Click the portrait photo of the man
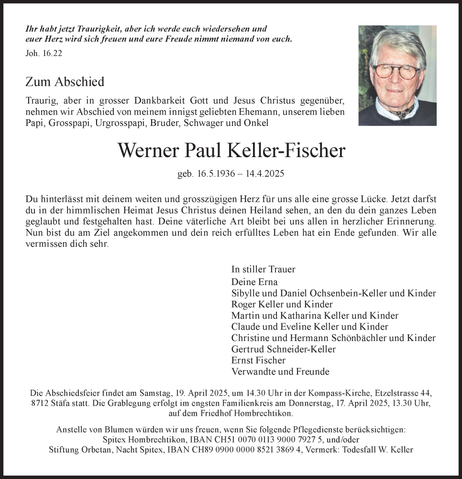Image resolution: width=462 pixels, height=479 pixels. coord(397,75)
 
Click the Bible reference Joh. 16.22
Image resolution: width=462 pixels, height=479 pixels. coord(44,54)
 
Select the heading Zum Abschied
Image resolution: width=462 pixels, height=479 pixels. coord(65,82)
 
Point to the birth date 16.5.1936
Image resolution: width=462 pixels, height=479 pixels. coord(216,174)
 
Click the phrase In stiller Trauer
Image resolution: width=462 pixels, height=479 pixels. coord(263,269)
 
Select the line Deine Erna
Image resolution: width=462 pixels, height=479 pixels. coord(254,282)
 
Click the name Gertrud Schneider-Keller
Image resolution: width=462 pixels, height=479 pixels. coord(283,349)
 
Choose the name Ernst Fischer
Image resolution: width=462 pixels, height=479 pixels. coord(258,360)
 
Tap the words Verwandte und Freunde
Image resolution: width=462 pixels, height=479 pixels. coord(280,371)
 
